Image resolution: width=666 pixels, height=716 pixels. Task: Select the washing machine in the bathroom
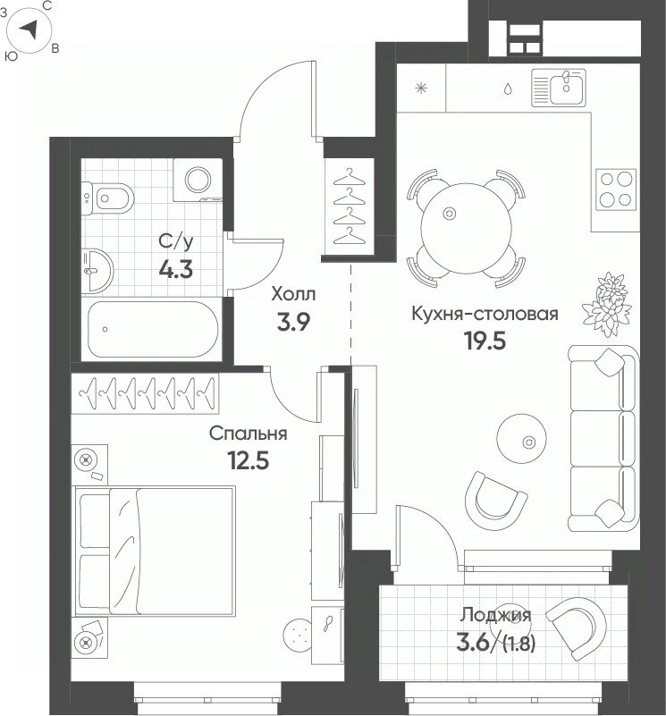click(198, 180)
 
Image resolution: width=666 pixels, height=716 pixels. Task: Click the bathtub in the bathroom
click(153, 329)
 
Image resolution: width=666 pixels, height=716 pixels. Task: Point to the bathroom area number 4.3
click(176, 269)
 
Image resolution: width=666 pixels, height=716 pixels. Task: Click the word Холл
click(293, 294)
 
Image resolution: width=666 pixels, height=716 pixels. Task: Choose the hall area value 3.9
click(293, 323)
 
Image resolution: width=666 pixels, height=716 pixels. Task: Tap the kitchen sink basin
click(567, 88)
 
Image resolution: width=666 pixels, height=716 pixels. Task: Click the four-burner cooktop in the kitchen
click(616, 189)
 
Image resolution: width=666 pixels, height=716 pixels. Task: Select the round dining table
click(466, 228)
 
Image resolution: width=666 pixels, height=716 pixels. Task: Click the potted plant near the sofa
click(608, 304)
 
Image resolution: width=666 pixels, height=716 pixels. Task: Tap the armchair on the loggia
click(577, 628)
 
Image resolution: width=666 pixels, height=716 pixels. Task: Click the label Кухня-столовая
click(485, 314)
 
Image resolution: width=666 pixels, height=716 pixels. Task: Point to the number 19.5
click(485, 341)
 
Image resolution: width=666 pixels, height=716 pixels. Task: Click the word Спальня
click(248, 433)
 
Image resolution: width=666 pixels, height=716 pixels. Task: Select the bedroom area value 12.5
click(248, 460)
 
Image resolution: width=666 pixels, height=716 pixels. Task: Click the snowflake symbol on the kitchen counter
click(421, 88)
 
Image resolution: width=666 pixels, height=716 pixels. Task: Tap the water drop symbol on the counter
click(508, 88)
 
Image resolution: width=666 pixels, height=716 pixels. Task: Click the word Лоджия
click(495, 616)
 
